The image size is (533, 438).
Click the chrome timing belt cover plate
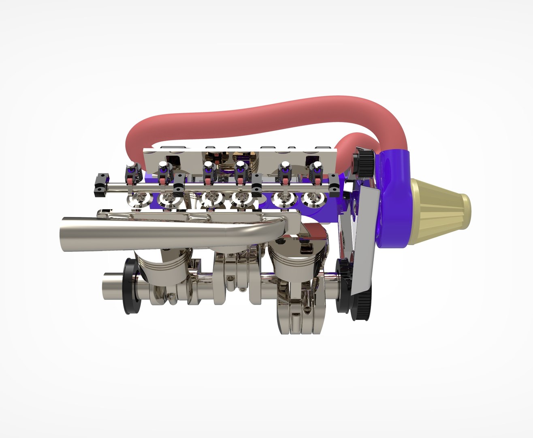pyautogui.click(x=362, y=239)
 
